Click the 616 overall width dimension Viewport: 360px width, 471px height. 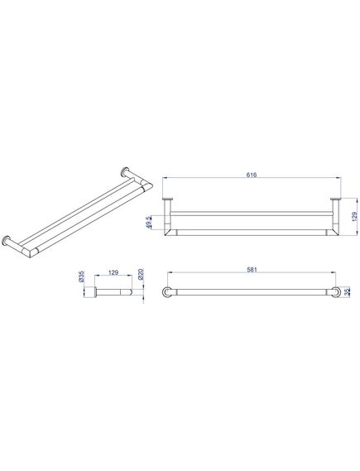tap(252, 175)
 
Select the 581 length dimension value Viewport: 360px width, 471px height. tap(252, 270)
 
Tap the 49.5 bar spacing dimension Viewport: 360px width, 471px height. tap(156, 223)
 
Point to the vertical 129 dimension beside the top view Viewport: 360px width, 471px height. tap(354, 217)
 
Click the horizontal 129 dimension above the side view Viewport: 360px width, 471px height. tap(113, 272)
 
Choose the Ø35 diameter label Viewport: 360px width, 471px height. tap(81, 276)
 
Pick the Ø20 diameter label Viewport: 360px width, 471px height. tap(142, 275)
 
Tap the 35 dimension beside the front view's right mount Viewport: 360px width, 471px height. tap(348, 291)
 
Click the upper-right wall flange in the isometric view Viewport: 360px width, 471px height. tap(124, 171)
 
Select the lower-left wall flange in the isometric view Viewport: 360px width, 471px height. tap(6, 241)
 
